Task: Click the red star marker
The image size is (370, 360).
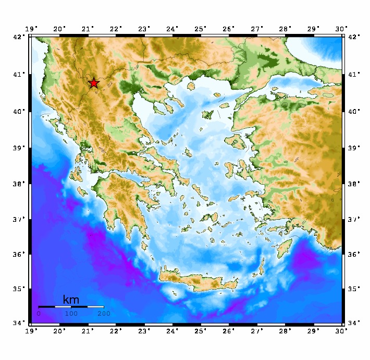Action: (93, 83)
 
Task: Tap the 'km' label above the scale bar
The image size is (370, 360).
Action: (71, 299)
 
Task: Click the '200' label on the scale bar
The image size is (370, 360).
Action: (103, 314)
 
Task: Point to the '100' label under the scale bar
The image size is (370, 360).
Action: (71, 314)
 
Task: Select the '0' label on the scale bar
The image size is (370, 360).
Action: (39, 314)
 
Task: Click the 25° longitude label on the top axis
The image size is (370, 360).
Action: (201, 28)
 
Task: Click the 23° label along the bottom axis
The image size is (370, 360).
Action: (144, 330)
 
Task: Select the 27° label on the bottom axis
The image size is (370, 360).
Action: (257, 330)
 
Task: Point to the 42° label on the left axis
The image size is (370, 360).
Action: (19, 37)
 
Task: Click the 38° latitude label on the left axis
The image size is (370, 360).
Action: (19, 184)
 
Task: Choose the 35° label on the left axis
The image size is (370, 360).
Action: (19, 289)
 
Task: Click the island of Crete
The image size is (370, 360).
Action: (198, 279)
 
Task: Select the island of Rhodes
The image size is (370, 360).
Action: (285, 247)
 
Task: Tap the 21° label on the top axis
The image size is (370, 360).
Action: (88, 28)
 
